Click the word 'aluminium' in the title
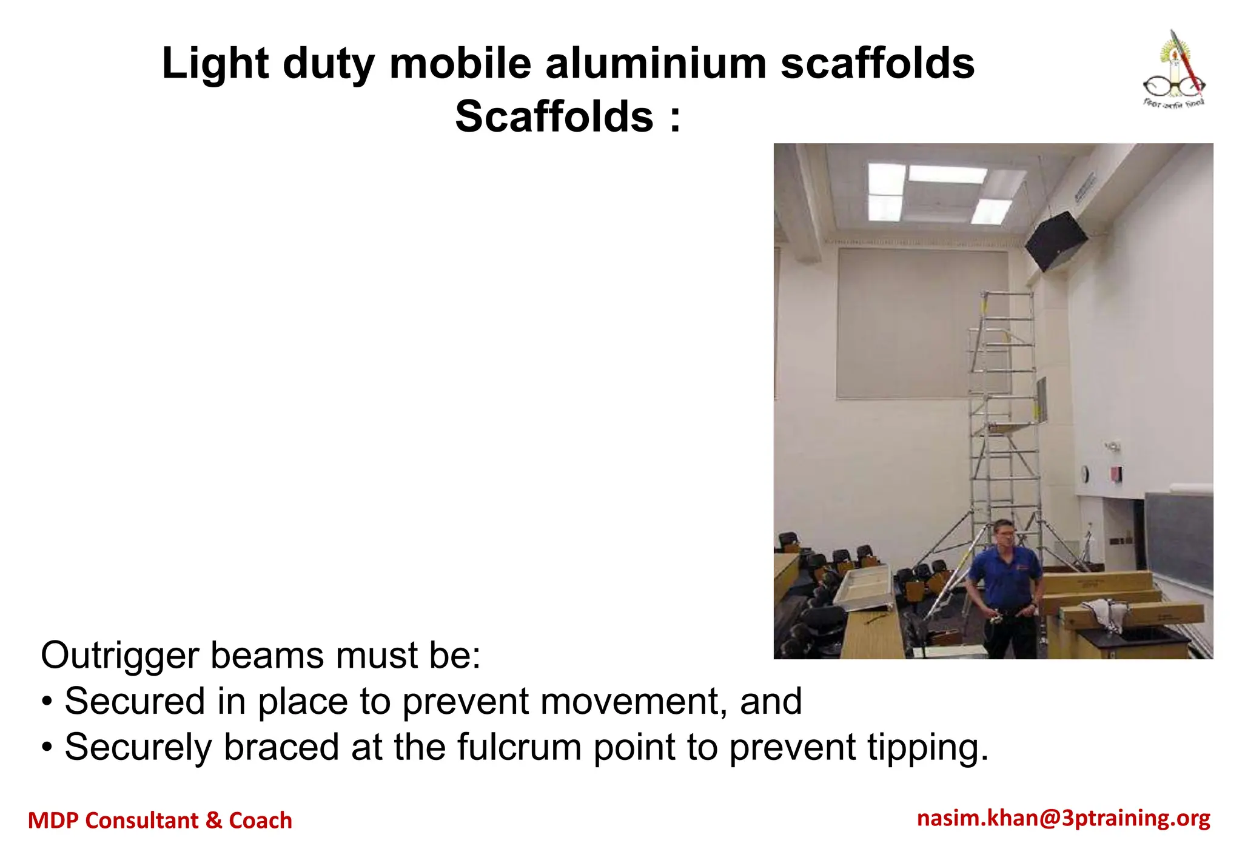(x=656, y=64)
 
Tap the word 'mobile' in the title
(x=460, y=64)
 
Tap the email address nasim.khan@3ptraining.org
(x=1064, y=818)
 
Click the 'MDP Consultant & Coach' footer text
(x=160, y=821)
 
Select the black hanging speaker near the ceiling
(x=1056, y=241)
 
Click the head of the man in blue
(x=1004, y=534)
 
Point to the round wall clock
(x=1085, y=473)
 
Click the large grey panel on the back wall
(x=922, y=323)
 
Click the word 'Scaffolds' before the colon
(x=554, y=116)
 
